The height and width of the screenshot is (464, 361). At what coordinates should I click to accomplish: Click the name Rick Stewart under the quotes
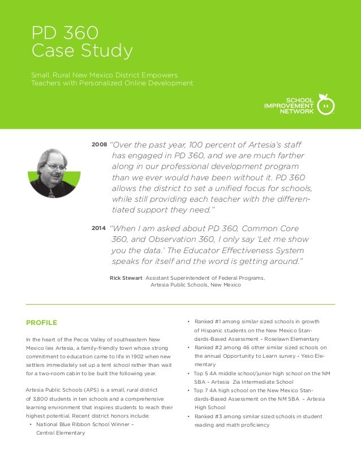point(126,277)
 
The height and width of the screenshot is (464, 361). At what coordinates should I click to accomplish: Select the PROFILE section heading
point(41,323)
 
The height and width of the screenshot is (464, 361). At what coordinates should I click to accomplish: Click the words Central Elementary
point(61,433)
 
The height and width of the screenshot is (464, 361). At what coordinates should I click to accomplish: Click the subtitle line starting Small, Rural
point(105,75)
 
